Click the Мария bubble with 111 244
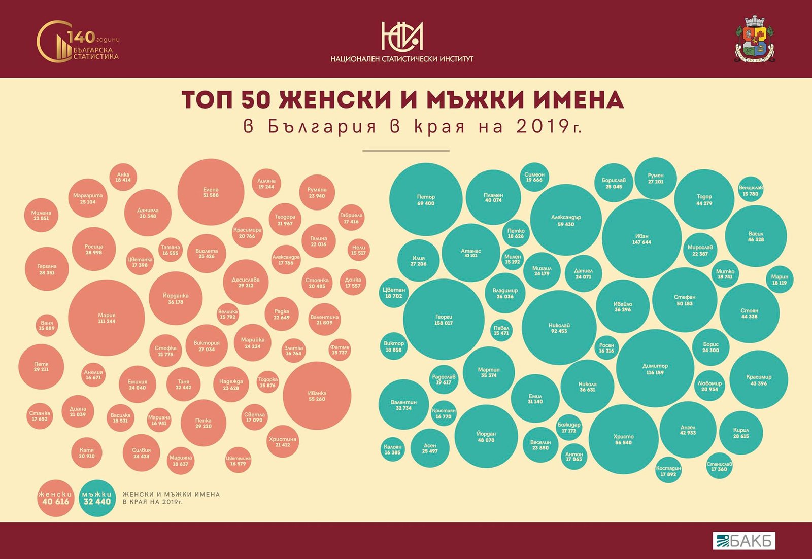pyautogui.click(x=107, y=318)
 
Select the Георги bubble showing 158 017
pyautogui.click(x=444, y=319)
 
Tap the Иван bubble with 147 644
pyautogui.click(x=641, y=238)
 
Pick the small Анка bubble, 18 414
pyautogui.click(x=123, y=177)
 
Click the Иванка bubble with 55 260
pyautogui.click(x=317, y=396)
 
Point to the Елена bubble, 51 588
pyautogui.click(x=211, y=192)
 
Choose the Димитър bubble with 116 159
pyautogui.click(x=655, y=369)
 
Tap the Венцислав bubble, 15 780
pyautogui.click(x=751, y=190)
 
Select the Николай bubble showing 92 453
pyautogui.click(x=559, y=328)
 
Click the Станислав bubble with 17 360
pyautogui.click(x=719, y=466)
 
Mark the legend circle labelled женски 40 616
pyautogui.click(x=55, y=498)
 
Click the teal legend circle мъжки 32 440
pyautogui.click(x=97, y=498)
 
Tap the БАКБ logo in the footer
pyautogui.click(x=743, y=541)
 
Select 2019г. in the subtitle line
pyautogui.click(x=549, y=126)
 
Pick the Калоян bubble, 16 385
pyautogui.click(x=392, y=449)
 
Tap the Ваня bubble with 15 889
pyautogui.click(x=47, y=325)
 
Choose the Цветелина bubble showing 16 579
pyautogui.click(x=238, y=461)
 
